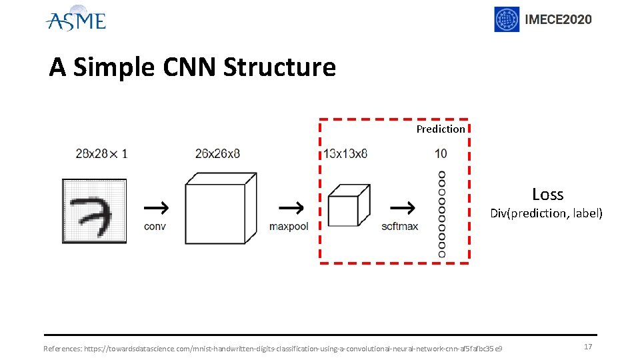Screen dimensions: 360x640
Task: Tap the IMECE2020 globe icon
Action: [506, 19]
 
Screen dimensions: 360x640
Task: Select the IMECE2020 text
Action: [558, 19]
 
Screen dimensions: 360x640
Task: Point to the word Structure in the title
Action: [279, 67]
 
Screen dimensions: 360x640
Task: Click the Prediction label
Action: [441, 129]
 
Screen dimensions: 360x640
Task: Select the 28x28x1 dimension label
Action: [101, 154]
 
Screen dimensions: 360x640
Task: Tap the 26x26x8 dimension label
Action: [217, 154]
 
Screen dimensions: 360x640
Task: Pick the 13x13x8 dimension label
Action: [345, 154]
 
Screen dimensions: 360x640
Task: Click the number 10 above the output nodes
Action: [441, 154]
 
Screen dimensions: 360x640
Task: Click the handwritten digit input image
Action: [94, 211]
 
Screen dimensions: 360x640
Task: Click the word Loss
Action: [547, 194]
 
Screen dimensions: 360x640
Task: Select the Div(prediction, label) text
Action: [546, 213]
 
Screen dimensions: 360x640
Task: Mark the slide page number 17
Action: [587, 347]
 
